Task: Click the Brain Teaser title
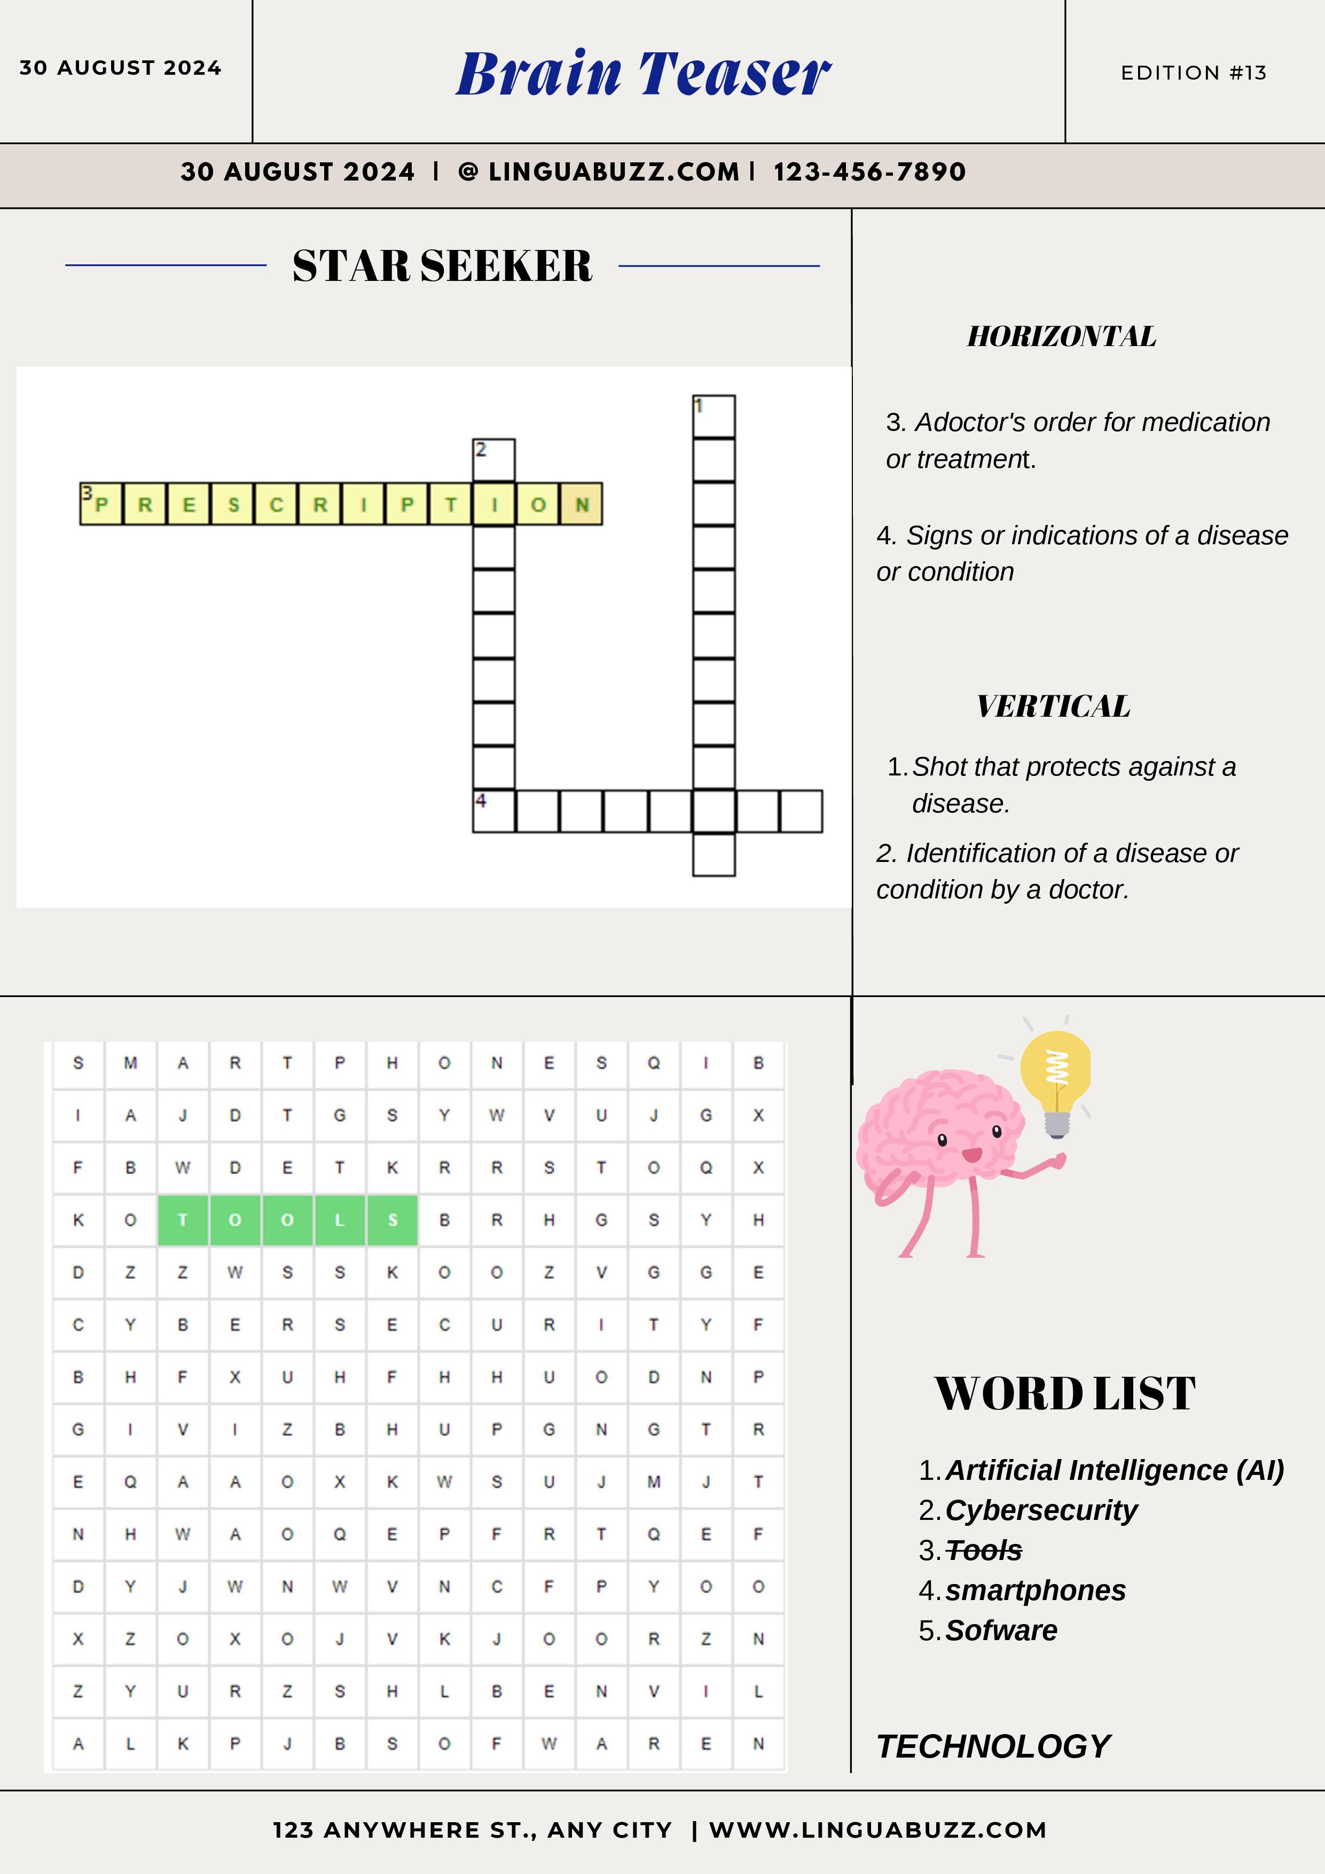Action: pos(644,74)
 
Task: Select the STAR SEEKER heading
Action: pos(443,266)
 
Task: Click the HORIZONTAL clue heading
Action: pos(1061,336)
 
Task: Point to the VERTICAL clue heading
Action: pos(1053,706)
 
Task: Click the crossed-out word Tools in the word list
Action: pos(984,1550)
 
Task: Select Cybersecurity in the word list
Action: pos(1041,1510)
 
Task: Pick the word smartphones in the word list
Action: pos(1035,1590)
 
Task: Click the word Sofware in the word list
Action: pos(1001,1630)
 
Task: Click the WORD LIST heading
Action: pos(1065,1393)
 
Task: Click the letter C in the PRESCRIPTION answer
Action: pos(276,504)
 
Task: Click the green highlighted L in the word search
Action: pos(340,1220)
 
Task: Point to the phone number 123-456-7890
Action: pos(869,172)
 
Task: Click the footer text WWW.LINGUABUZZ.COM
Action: pos(877,1830)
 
